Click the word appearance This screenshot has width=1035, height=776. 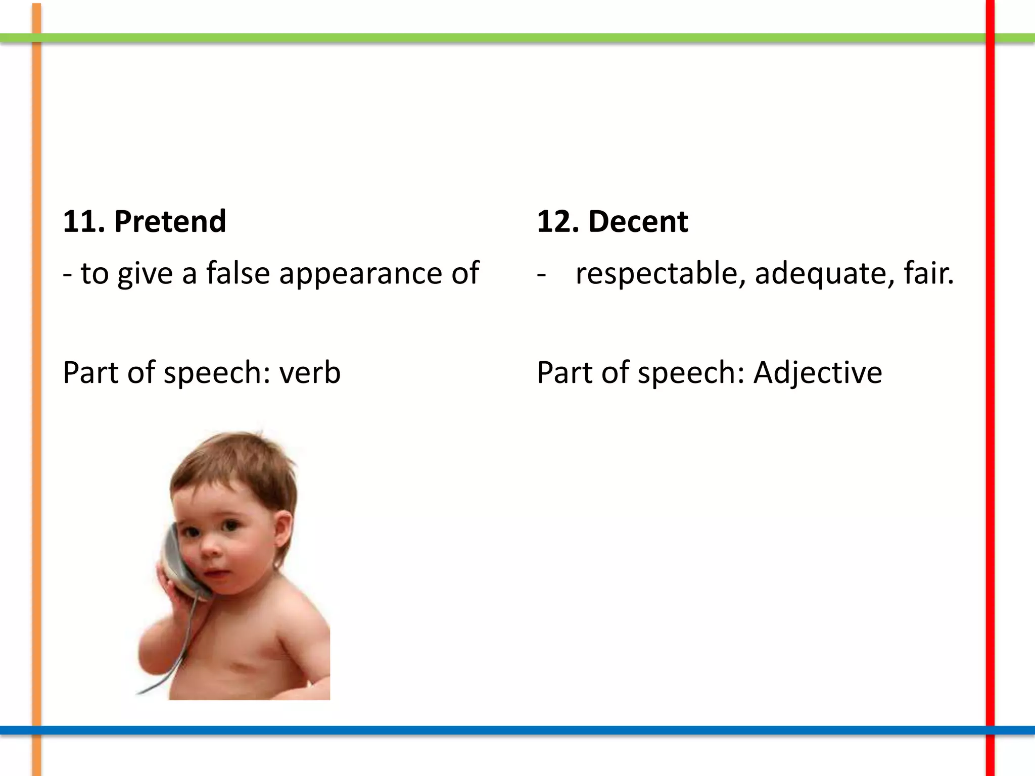[x=360, y=274]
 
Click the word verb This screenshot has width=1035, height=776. [x=310, y=373]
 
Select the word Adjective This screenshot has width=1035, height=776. [x=818, y=373]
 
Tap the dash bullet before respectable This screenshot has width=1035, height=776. [x=541, y=274]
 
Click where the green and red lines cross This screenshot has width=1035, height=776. [x=990, y=38]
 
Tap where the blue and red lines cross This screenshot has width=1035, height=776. [x=990, y=730]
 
